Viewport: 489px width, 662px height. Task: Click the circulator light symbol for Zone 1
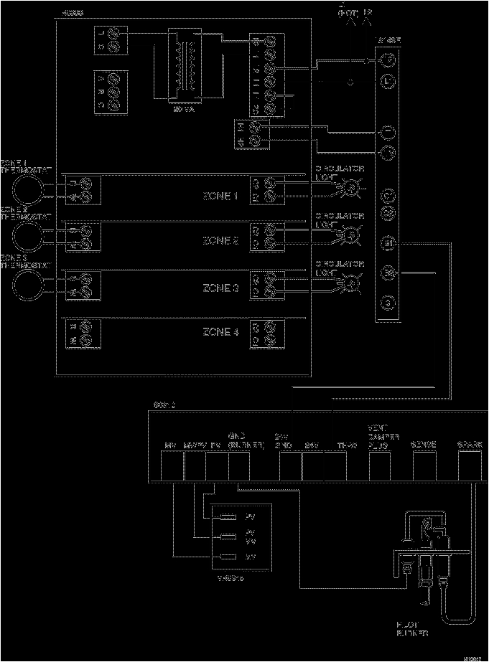[351, 189]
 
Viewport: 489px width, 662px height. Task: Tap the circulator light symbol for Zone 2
[351, 235]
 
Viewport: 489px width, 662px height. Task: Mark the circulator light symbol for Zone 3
[351, 283]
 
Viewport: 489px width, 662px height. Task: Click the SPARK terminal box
[470, 467]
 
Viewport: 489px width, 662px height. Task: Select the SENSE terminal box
[424, 467]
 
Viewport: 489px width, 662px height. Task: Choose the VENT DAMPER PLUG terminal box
[379, 467]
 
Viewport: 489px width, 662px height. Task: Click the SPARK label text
[470, 445]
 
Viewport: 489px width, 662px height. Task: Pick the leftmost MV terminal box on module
[171, 467]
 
